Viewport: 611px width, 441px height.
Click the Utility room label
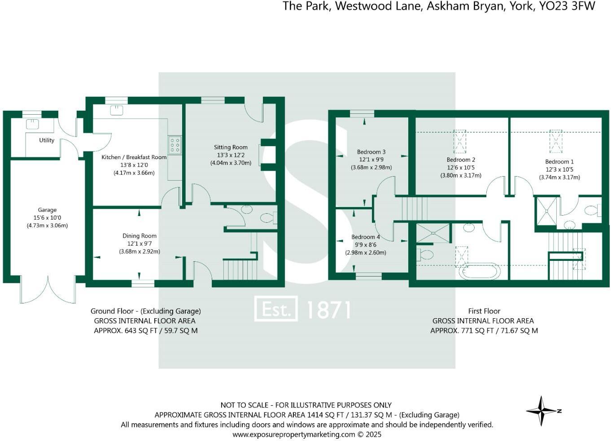tap(47, 140)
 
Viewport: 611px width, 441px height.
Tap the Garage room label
tap(47, 210)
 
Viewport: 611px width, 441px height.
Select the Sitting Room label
tap(231, 147)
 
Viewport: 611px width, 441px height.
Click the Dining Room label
tap(140, 236)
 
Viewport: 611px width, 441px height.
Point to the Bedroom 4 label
tap(365, 237)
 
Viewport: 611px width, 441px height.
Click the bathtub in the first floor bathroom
tap(479, 271)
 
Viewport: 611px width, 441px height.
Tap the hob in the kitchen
tap(175, 145)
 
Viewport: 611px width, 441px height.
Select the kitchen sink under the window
tap(116, 110)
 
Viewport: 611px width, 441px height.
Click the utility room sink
tap(32, 124)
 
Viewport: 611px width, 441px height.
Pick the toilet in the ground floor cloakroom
tap(268, 218)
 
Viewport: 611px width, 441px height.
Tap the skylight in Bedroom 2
tap(460, 141)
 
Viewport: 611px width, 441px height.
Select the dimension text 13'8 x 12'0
tap(134, 165)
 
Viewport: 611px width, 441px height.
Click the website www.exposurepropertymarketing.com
tap(293, 434)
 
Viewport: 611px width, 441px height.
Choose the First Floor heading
tap(484, 311)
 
